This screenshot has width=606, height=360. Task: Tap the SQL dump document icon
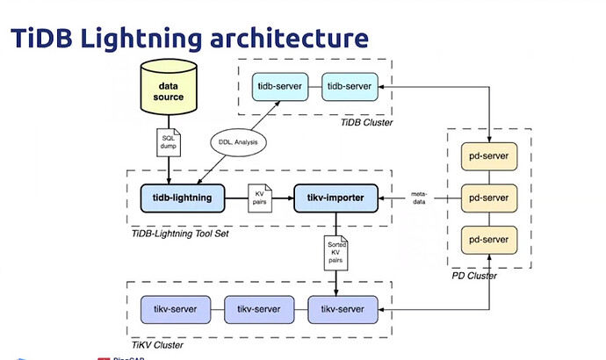click(x=170, y=143)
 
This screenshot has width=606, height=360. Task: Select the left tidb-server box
click(x=278, y=88)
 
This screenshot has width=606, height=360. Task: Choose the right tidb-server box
click(x=348, y=88)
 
